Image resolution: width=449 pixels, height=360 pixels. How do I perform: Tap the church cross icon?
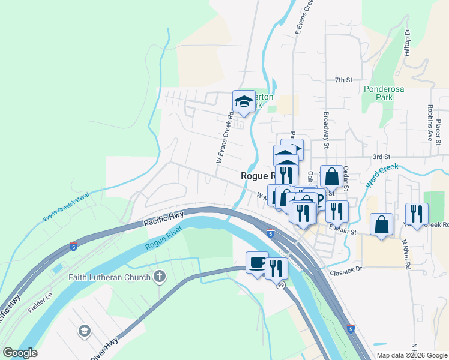tap(159, 277)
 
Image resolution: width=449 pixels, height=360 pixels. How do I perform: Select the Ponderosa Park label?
tap(386, 92)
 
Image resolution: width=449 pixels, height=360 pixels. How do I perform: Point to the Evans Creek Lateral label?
tap(65, 207)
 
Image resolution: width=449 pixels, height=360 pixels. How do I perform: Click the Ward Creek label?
tap(382, 175)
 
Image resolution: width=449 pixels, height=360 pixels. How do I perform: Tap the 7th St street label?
tap(343, 80)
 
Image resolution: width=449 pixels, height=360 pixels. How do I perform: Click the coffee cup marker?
tap(258, 263)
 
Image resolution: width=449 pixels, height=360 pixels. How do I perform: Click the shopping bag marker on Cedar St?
tap(331, 176)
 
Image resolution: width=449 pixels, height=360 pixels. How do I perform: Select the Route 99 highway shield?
tap(280, 285)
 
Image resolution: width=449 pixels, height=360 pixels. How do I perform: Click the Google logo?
tap(20, 353)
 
